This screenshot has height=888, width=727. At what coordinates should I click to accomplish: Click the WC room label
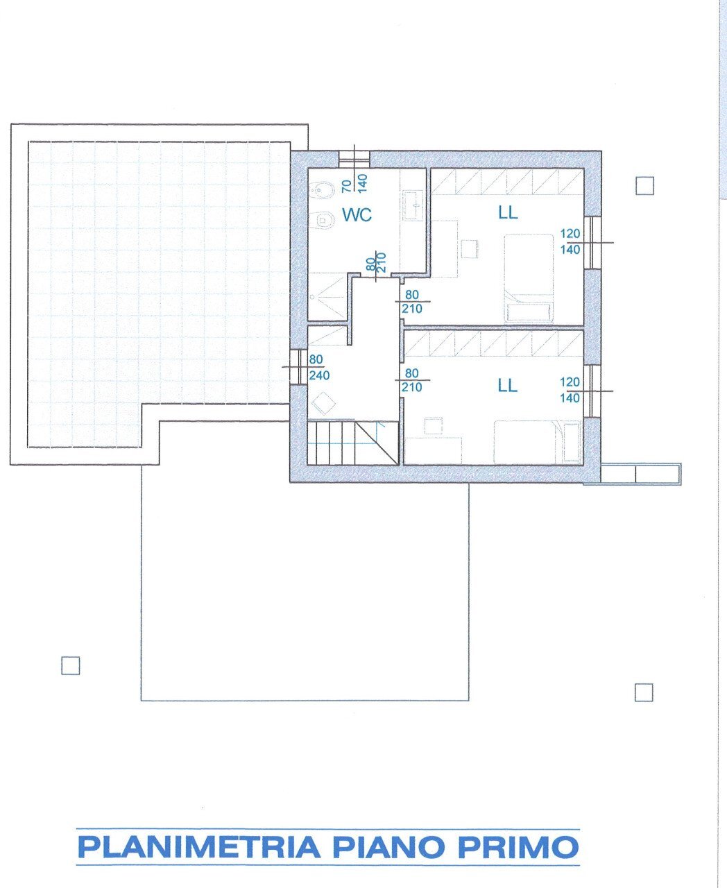point(357,215)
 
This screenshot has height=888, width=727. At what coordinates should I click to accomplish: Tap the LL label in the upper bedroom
point(508,212)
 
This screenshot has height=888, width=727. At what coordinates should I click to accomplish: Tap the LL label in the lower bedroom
point(507,385)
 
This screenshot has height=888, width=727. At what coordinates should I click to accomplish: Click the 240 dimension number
point(319,375)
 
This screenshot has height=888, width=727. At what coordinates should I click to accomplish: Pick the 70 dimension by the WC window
point(346,186)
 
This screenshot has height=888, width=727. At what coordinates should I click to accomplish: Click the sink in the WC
point(413,205)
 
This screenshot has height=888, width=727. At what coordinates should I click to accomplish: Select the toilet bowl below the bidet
point(322,219)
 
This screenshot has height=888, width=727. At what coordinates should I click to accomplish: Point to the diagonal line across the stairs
point(377,443)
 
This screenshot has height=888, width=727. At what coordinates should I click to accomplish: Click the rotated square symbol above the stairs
point(323,403)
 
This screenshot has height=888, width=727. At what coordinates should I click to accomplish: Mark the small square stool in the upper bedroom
point(470,248)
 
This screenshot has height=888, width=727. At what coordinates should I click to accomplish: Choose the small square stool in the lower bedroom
point(434,426)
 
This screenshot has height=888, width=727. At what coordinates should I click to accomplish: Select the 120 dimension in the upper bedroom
point(570,234)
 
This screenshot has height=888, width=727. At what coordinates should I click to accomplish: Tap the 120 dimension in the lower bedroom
point(570,382)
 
